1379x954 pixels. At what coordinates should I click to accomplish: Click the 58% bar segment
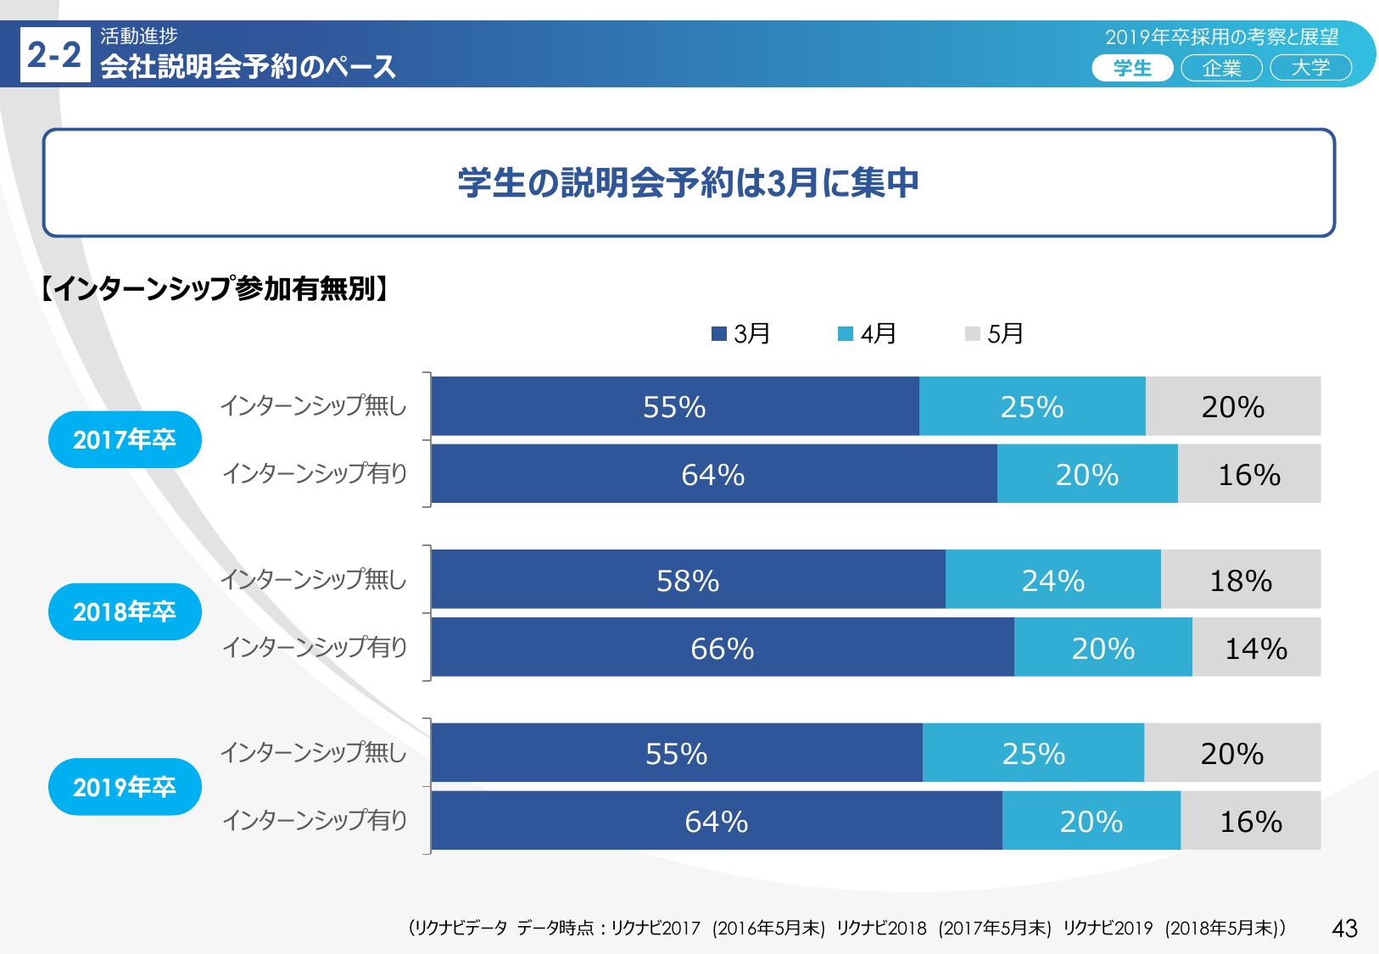688,580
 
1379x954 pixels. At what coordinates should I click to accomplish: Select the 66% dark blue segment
723,648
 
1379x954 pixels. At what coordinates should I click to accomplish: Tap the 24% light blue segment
1052,580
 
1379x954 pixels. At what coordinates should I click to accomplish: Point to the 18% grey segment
1240,580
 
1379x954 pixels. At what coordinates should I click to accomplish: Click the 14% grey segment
1256,648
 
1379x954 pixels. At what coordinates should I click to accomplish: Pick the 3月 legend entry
741,334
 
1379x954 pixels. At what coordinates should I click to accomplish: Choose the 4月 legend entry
868,334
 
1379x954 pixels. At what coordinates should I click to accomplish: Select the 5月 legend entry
995,334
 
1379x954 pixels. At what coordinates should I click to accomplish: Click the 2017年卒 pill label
125,439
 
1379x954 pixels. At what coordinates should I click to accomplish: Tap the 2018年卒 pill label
125,611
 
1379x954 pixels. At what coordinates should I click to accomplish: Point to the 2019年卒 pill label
125,787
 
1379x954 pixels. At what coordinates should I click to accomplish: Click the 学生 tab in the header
1132,68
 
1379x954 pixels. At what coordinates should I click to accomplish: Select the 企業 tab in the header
1221,68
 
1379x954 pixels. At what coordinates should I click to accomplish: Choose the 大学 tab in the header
1310,68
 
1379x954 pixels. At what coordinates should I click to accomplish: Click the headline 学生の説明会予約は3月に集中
689,182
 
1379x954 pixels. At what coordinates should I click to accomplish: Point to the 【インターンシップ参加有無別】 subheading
215,289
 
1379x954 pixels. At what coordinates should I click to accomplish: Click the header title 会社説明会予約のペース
248,67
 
